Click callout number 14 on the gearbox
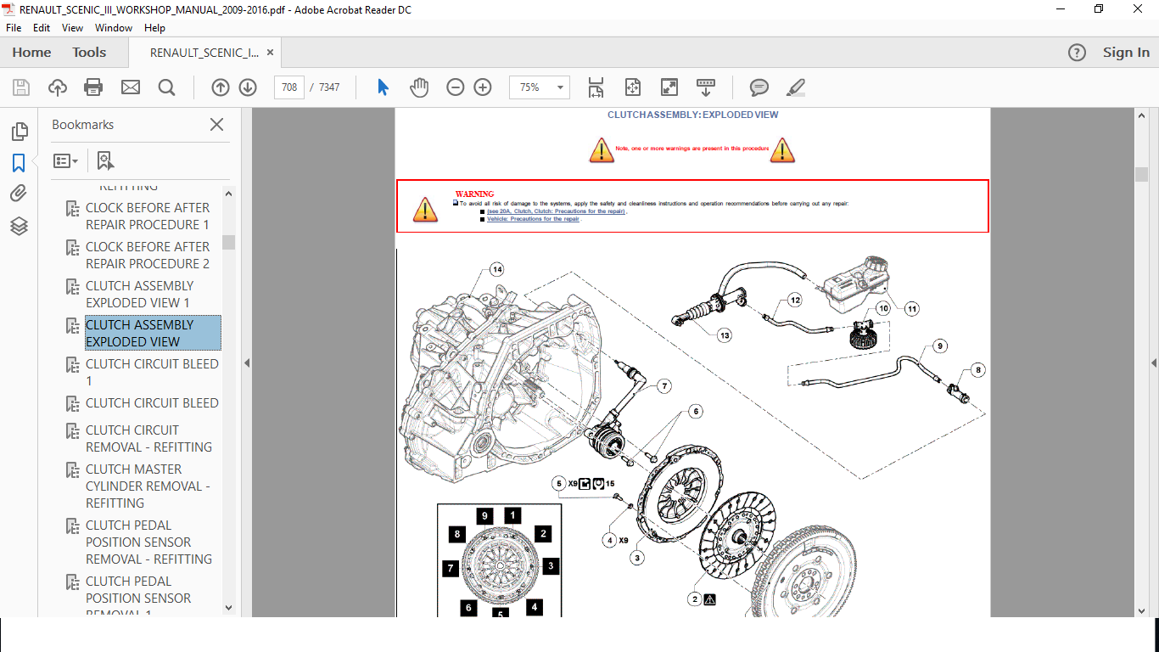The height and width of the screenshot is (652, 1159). (x=496, y=269)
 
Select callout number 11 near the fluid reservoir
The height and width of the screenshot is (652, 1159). (x=911, y=308)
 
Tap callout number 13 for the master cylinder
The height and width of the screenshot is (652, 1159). (x=724, y=335)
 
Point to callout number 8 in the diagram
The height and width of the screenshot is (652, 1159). (x=977, y=369)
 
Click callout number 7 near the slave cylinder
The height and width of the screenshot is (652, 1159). (x=663, y=386)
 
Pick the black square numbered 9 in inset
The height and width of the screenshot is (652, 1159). (x=484, y=515)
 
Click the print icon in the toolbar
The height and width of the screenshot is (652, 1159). (x=93, y=87)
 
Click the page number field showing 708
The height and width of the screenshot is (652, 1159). (x=289, y=87)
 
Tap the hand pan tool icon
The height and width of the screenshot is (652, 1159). (x=419, y=87)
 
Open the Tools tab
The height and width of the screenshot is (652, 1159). (x=89, y=53)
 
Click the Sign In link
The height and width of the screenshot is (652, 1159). (x=1126, y=53)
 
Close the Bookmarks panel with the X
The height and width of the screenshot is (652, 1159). (x=217, y=125)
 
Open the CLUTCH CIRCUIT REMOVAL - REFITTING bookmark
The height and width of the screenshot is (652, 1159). (x=148, y=438)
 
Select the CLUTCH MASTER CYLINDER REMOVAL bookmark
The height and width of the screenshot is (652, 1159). (x=148, y=486)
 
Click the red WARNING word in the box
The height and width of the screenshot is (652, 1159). (x=474, y=194)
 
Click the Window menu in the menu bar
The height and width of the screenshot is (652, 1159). (x=114, y=27)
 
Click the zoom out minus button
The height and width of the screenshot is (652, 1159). (x=456, y=87)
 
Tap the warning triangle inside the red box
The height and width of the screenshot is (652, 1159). (x=426, y=210)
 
